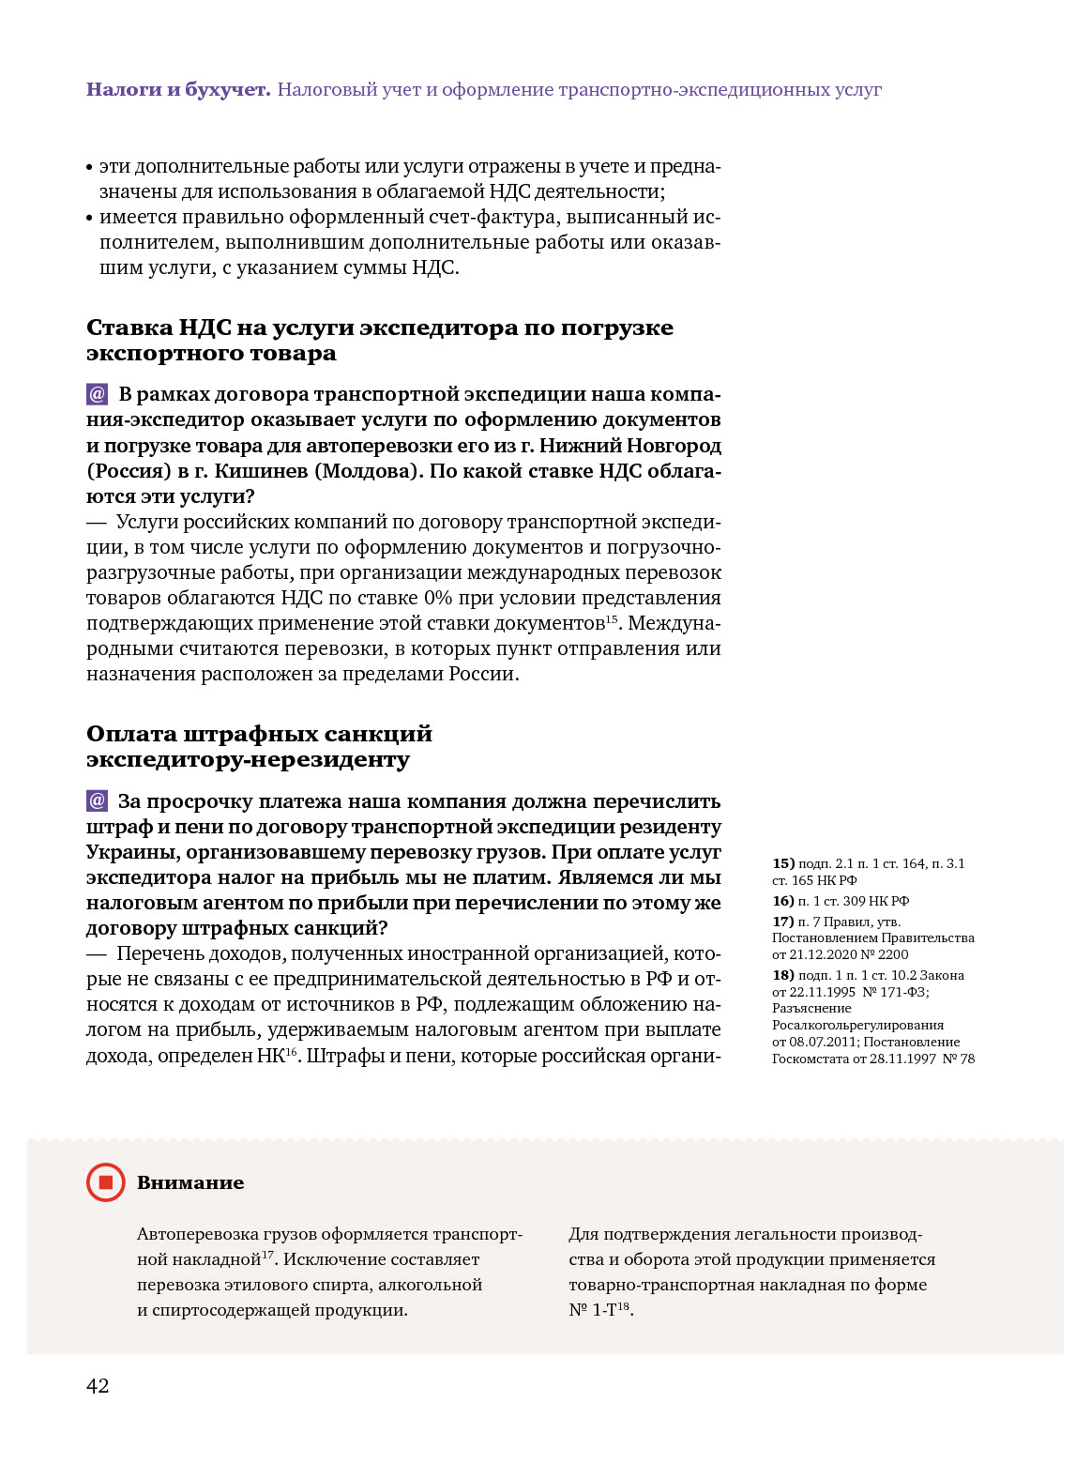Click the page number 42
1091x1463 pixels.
98,1386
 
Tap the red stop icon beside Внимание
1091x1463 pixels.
106,1182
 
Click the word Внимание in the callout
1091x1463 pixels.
190,1183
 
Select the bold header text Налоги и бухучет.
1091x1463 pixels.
178,90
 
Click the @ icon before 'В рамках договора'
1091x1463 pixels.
98,394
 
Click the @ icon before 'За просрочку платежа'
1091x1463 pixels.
98,801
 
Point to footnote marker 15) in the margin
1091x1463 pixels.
783,863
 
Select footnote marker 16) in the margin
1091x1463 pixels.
783,901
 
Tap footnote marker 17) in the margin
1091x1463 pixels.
783,922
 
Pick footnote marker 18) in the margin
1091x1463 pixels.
783,975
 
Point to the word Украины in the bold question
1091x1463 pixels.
132,852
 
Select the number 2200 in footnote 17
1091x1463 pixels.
893,954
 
